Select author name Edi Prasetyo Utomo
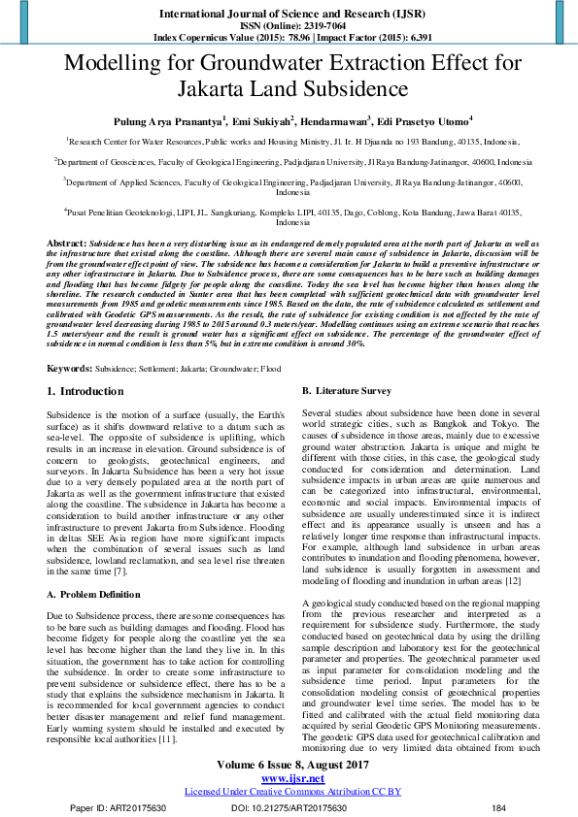click(425, 121)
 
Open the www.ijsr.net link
click(289, 779)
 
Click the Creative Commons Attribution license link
click(289, 792)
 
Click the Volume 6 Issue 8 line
click(289, 767)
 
